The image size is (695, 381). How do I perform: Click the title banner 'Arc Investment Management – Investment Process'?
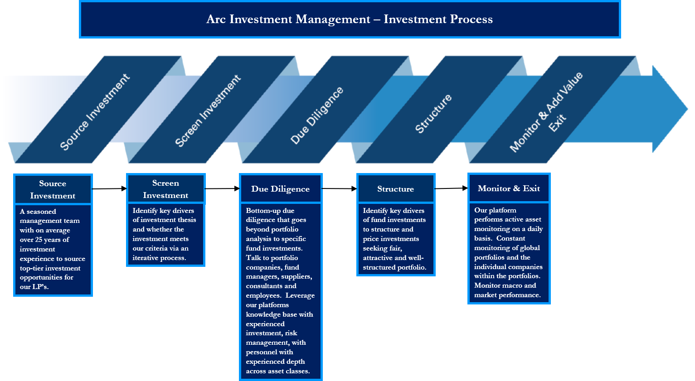coord(350,19)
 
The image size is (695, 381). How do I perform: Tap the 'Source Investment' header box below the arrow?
coord(53,189)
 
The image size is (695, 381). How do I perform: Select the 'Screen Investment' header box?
coord(165,189)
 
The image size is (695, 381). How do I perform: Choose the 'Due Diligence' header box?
coord(280,189)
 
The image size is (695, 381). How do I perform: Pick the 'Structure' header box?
coord(395,189)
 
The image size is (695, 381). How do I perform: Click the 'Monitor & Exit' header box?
coord(509,188)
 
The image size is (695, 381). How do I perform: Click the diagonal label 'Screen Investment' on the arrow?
coord(208,111)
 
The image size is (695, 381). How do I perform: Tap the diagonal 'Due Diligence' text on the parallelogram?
coord(317,116)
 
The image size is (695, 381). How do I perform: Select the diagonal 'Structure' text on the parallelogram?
coord(433,114)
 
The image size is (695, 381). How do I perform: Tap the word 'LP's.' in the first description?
coord(40,287)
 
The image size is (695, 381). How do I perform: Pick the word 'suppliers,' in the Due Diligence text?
coord(296,276)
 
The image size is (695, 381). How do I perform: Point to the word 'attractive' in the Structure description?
coord(378,258)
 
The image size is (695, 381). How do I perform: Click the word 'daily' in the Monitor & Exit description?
coord(535,229)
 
